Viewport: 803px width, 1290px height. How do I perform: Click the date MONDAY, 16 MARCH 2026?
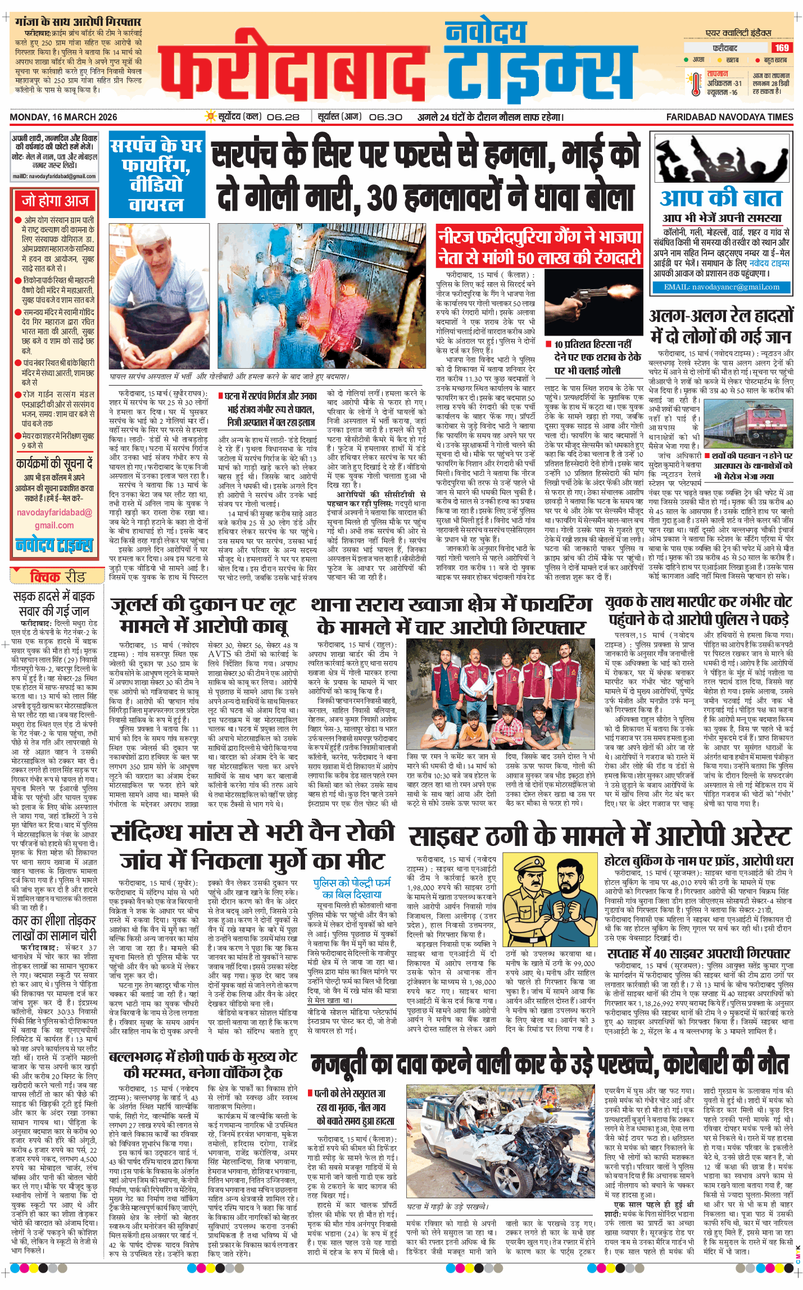[63, 117]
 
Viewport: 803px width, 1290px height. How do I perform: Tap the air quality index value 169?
[782, 48]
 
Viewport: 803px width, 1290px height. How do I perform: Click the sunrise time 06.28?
[283, 117]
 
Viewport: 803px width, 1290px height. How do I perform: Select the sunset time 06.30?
[385, 117]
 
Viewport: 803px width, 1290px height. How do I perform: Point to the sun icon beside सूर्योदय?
[210, 117]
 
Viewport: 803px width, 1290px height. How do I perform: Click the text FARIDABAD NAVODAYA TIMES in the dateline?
[729, 117]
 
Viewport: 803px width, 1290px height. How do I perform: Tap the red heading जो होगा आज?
[55, 201]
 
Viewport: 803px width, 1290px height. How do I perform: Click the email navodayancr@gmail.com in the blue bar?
[721, 287]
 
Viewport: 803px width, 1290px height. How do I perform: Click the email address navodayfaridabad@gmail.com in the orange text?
[54, 519]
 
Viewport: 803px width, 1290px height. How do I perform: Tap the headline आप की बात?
[721, 198]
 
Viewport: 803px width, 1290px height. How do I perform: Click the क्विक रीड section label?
[51, 577]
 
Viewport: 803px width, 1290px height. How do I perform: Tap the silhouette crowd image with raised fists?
[721, 159]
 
